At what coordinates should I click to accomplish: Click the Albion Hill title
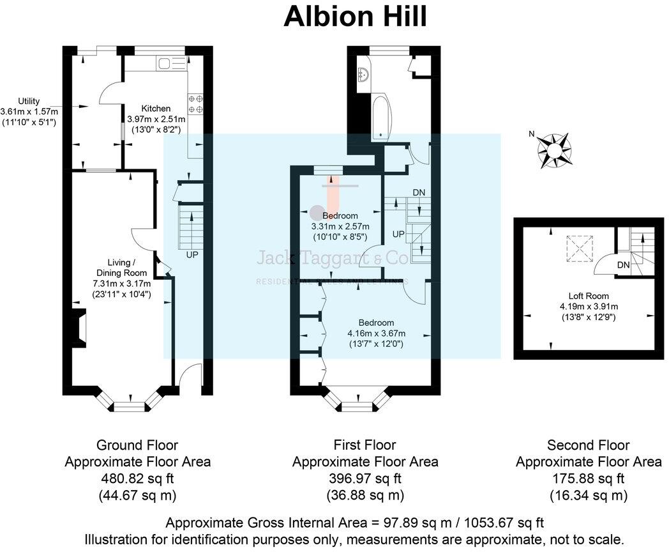coord(355,17)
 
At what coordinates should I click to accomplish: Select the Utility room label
coord(29,101)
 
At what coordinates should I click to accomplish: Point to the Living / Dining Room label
coord(121,268)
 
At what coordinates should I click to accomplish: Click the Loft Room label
coord(589,296)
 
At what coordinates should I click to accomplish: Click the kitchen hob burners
coord(195,103)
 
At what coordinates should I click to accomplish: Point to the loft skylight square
coord(580,248)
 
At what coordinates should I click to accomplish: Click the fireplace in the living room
coord(78,326)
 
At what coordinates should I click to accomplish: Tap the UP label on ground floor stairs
coord(191,254)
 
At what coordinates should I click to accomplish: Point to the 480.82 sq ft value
coord(137,478)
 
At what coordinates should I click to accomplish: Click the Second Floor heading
coord(588,445)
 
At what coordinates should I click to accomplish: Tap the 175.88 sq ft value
coord(588,478)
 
